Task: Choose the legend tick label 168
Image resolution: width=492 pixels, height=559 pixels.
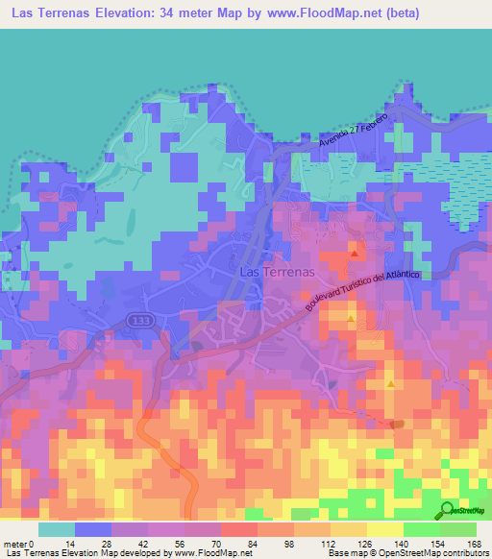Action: [x=475, y=544]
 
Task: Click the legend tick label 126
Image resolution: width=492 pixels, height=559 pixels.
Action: [x=365, y=544]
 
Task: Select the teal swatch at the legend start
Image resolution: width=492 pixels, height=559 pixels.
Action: [x=56, y=529]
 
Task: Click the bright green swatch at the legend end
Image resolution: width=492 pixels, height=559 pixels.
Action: [x=457, y=529]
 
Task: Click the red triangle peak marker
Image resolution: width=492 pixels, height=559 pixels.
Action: [x=355, y=254]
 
